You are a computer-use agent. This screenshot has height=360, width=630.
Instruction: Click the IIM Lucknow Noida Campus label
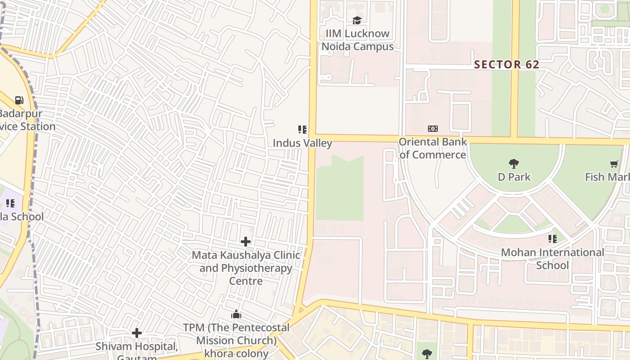pos(357,40)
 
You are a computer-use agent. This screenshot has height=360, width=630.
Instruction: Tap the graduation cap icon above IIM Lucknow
pos(357,20)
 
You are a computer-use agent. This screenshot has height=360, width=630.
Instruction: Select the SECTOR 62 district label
pos(506,64)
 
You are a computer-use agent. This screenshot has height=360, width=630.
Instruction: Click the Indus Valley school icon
pos(302,130)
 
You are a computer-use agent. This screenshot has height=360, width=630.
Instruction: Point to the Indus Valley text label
pos(302,144)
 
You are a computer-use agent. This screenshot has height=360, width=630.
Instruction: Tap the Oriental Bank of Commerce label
pos(432,148)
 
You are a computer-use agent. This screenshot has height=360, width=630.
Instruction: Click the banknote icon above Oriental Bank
pos(432,129)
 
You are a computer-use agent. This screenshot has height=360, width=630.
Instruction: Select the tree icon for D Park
pos(513,163)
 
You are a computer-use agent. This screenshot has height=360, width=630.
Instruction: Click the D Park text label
pos(514,177)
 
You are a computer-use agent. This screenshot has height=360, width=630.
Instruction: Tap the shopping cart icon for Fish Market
pos(614,164)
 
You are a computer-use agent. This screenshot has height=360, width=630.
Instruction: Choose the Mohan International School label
pos(552,259)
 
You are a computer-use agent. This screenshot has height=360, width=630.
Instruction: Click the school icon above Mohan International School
pos(552,239)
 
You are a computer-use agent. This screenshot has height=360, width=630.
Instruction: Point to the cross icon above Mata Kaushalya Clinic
pos(246,242)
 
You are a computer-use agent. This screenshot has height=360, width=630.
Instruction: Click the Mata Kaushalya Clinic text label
pos(246,268)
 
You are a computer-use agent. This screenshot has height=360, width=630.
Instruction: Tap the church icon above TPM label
pos(236,314)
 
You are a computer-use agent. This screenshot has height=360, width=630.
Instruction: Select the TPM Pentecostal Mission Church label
pos(236,340)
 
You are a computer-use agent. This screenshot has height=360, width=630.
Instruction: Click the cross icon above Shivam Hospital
pos(137,333)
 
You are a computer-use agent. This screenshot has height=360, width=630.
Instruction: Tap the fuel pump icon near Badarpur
pos(19,100)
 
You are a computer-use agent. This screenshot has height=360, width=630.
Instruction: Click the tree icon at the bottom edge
pos(427,353)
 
